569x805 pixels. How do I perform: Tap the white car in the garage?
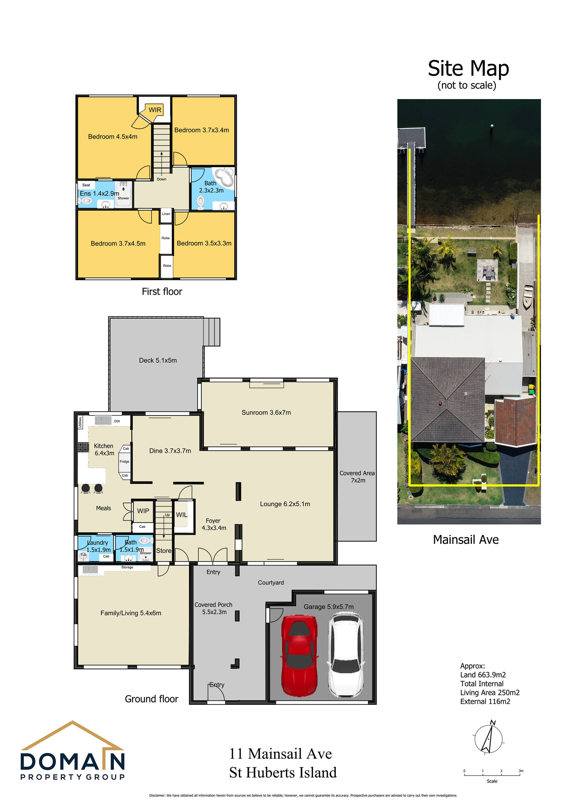tap(346, 654)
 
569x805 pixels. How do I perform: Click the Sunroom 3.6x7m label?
tap(266, 413)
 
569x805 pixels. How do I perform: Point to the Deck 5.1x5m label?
tap(158, 360)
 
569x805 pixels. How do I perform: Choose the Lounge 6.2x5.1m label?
tap(285, 504)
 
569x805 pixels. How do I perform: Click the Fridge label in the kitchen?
tap(124, 462)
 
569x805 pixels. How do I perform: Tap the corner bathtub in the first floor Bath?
tap(224, 177)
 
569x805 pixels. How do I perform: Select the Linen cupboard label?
tap(166, 214)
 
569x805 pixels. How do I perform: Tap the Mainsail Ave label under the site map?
tap(466, 540)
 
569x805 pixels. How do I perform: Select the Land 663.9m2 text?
tap(483, 675)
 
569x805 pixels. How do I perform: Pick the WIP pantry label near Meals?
tap(143, 511)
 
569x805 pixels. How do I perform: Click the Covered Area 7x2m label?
tap(357, 477)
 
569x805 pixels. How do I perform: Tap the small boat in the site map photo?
tap(528, 297)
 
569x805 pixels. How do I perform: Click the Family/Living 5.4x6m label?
tap(131, 613)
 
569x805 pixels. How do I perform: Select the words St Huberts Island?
tap(283, 773)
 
